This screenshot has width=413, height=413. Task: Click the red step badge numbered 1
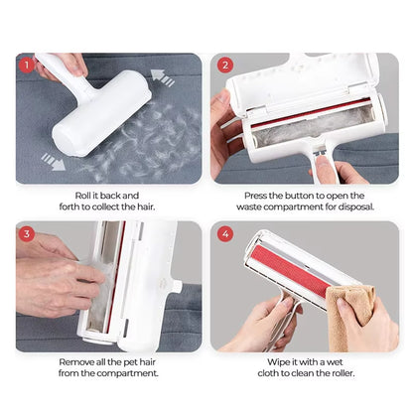tap(27, 67)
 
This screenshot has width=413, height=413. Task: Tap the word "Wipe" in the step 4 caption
tap(276, 362)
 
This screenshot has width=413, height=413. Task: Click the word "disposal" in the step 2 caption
tap(352, 208)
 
